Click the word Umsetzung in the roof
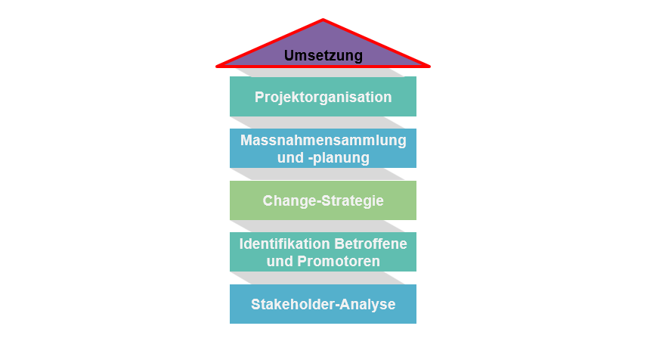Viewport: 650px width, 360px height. pos(323,55)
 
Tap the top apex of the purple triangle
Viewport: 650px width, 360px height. pos(323,20)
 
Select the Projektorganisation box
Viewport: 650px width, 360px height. pos(323,97)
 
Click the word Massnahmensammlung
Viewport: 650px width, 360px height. pos(323,140)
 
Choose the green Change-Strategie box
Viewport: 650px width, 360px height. pos(323,200)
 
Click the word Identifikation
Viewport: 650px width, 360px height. pos(284,244)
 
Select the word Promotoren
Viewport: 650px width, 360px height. pos(337,261)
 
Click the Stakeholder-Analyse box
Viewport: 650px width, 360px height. pos(323,304)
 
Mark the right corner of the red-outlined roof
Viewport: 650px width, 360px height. pos(429,65)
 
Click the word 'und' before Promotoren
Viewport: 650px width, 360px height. pos(279,261)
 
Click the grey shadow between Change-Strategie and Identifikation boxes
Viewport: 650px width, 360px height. pos(323,226)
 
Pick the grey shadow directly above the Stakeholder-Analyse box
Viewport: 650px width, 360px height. pos(323,278)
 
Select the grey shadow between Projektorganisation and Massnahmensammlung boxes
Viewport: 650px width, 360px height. pos(323,122)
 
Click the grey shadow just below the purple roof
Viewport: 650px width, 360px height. pos(323,71)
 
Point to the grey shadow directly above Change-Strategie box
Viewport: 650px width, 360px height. pos(323,174)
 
